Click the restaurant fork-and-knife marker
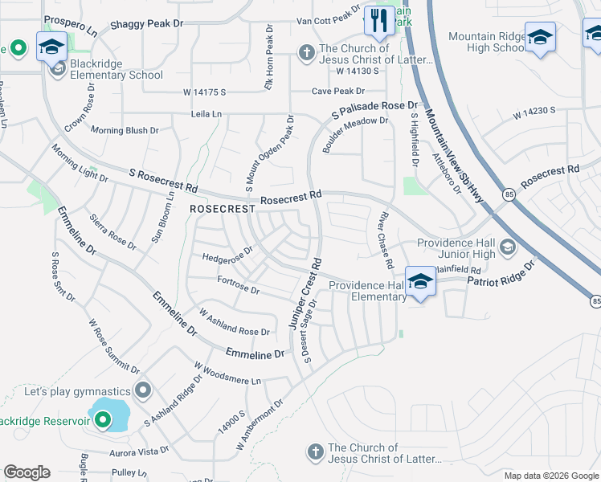pyautogui.click(x=378, y=20)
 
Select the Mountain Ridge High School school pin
pyautogui.click(x=540, y=37)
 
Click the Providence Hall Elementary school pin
pyautogui.click(x=420, y=282)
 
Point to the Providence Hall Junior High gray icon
pyautogui.click(x=507, y=247)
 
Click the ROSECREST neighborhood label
pyautogui.click(x=223, y=208)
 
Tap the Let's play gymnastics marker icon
pyautogui.click(x=144, y=391)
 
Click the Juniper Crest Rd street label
pyautogui.click(x=305, y=293)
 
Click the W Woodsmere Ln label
pyautogui.click(x=228, y=373)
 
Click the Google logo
pyautogui.click(x=27, y=472)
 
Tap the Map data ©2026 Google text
pyautogui.click(x=550, y=476)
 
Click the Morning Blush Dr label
pyautogui.click(x=125, y=130)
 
